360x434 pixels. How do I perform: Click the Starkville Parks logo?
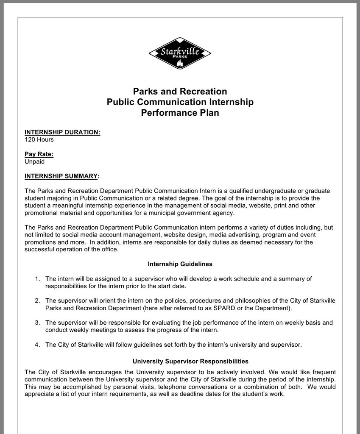[180, 53]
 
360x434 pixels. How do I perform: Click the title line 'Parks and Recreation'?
[180, 92]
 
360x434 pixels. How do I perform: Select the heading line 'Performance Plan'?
[180, 113]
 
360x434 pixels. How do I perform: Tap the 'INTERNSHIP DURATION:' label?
[62, 132]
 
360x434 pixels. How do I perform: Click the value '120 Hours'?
[39, 139]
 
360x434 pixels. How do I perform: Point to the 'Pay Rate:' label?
[39, 154]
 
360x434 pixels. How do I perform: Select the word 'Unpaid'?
[34, 161]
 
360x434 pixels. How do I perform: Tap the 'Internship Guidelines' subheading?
[180, 264]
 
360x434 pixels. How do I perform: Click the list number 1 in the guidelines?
[37, 279]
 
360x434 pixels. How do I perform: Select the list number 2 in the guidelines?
[37, 301]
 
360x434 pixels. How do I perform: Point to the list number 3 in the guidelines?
[37, 323]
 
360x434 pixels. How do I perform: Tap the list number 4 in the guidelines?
[37, 345]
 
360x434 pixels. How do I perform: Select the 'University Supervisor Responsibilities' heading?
[190, 362]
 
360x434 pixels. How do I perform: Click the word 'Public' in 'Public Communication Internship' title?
[120, 102]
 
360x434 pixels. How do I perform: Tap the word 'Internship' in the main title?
[231, 102]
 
